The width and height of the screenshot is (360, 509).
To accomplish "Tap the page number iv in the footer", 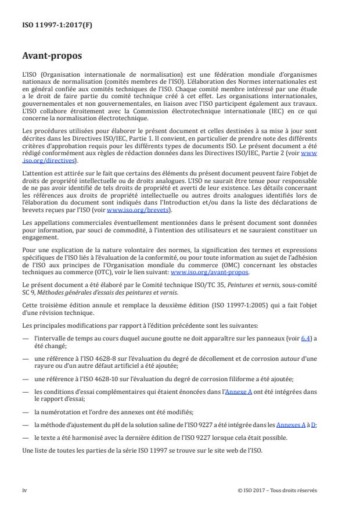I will pos(25,490).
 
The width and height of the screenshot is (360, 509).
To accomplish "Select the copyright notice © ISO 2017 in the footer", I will pos(278,490).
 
